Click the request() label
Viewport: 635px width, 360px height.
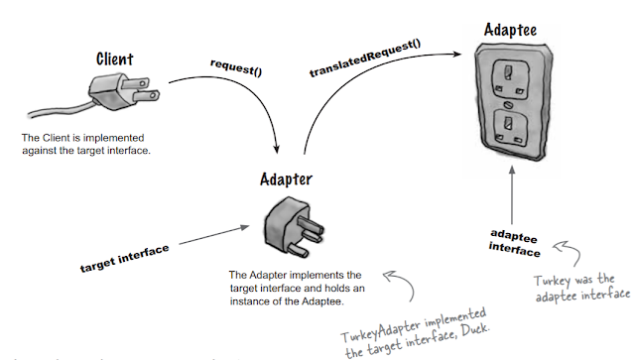(x=237, y=65)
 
